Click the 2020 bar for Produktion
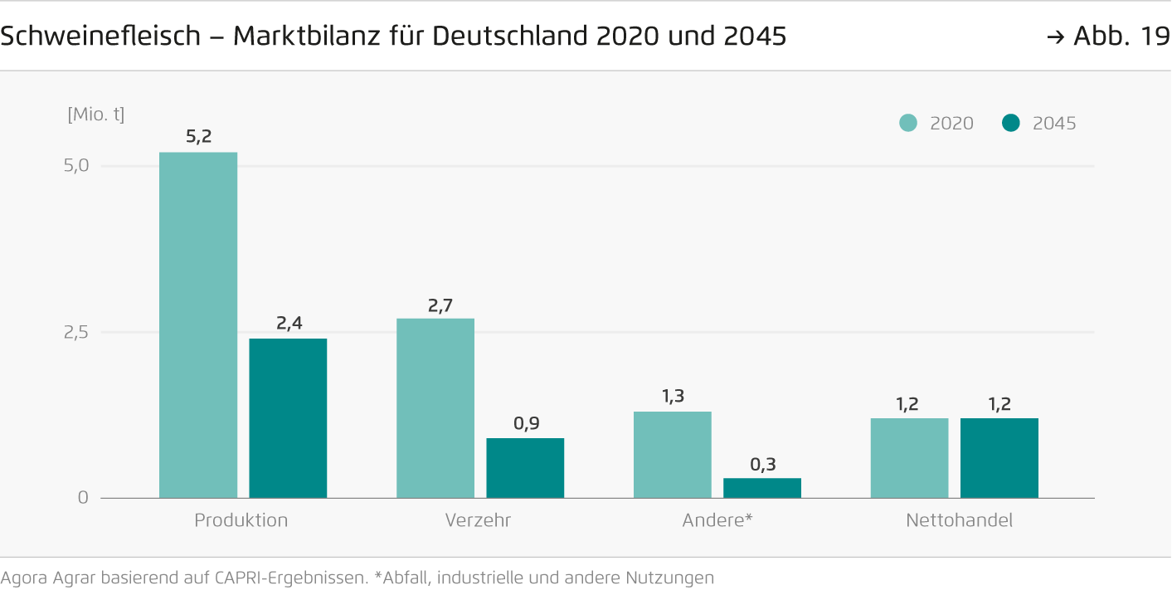198,325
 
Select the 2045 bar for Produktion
288,418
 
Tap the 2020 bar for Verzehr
435,408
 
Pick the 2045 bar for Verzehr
525,468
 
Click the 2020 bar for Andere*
673,455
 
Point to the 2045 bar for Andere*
762,488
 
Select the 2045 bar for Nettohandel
999,458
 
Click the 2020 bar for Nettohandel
910,458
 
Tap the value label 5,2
198,137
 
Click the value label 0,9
526,423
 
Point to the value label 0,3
762,464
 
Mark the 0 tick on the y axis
82,498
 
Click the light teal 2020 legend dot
908,124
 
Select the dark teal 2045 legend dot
1010,124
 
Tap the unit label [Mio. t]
95,115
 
